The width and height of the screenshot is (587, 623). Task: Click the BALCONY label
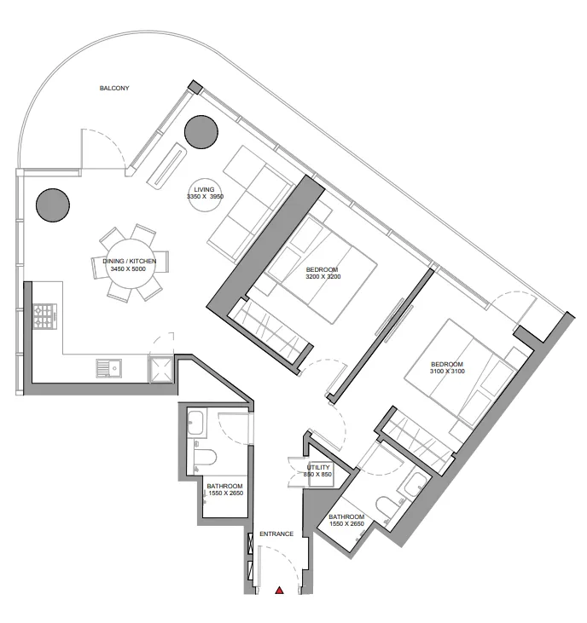click(x=114, y=89)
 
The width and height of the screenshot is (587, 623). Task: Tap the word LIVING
click(x=204, y=189)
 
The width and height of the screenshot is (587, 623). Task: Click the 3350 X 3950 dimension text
click(x=204, y=197)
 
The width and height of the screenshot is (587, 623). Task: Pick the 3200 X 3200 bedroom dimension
click(x=323, y=277)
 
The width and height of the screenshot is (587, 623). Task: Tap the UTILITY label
click(x=318, y=467)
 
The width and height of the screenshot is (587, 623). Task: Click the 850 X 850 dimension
click(x=318, y=475)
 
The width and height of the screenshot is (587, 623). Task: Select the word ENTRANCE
click(x=276, y=534)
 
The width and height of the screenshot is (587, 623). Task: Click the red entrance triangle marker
click(x=278, y=590)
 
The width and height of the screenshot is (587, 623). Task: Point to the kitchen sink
click(x=108, y=368)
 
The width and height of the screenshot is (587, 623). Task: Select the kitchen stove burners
click(x=43, y=317)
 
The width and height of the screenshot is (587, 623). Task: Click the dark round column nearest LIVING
click(x=201, y=130)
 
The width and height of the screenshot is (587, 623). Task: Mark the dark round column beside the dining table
click(x=52, y=204)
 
